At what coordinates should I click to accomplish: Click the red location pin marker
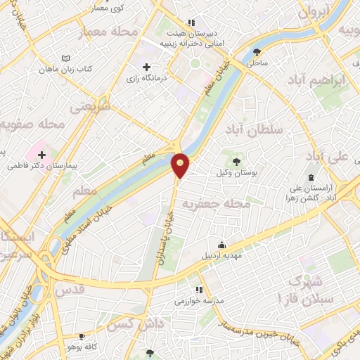tap(181, 165)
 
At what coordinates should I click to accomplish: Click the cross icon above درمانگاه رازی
tap(146, 67)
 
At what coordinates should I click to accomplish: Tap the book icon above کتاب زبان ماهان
tap(65, 59)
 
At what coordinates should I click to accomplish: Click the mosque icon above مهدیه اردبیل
tap(222, 245)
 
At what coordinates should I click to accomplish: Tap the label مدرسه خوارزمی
tap(199, 300)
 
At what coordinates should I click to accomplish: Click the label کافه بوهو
tap(73, 347)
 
